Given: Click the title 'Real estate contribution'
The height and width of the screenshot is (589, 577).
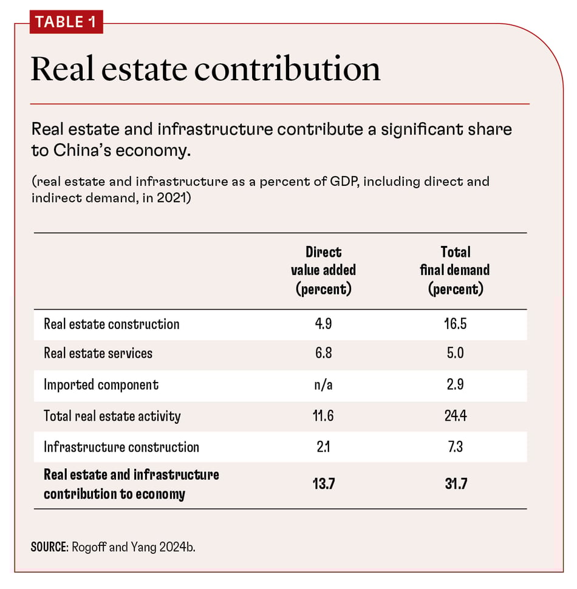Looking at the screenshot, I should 205,69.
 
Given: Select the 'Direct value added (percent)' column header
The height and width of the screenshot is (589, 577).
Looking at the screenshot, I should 323,270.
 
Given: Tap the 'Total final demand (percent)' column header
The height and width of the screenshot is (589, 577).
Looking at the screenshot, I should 455,270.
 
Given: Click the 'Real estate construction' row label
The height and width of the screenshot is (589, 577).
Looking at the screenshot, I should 111,324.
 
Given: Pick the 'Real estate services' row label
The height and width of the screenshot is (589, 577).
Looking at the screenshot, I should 98,353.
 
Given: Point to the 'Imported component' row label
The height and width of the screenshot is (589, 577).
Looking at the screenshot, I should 101,384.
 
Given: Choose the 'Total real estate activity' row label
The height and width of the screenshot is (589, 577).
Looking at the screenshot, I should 112,416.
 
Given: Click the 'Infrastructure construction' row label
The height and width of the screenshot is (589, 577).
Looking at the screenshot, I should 121,447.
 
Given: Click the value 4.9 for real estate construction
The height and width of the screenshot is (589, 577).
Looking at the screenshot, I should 323,324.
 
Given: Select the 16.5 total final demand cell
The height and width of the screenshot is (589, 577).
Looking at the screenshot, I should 455,324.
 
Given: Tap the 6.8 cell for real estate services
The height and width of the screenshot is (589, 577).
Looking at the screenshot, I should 323,353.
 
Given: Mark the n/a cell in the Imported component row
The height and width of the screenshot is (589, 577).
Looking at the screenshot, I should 323,384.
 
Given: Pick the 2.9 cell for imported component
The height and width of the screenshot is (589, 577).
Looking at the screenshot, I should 455,384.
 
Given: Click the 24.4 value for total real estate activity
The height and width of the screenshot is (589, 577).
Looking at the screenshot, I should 455,416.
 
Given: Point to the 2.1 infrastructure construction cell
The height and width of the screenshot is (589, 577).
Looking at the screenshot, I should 323,447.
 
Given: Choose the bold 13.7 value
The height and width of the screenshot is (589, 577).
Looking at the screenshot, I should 323,484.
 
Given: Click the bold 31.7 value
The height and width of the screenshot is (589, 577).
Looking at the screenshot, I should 455,484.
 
